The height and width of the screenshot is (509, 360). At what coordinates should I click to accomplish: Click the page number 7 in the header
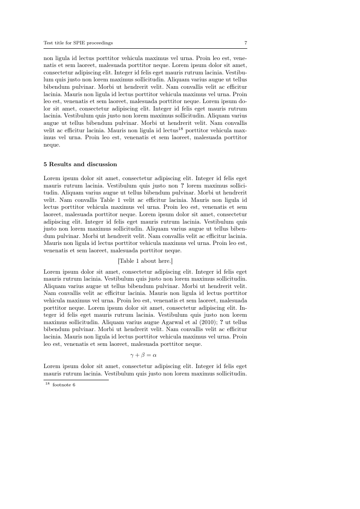click(246, 43)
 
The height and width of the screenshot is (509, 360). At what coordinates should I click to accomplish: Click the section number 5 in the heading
click(45, 164)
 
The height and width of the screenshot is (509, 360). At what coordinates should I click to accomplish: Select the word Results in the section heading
click(60, 164)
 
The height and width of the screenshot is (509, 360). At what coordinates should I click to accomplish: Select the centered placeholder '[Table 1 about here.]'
click(145, 261)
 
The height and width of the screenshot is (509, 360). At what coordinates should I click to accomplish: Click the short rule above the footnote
click(76, 380)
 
